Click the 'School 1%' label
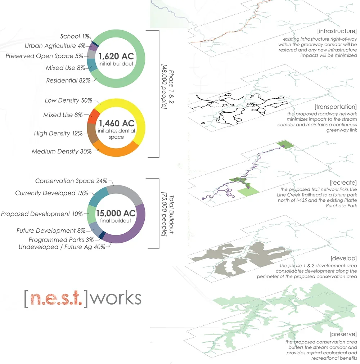pos(75,36)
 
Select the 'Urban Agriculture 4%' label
pos(55,46)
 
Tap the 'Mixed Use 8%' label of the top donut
pos(65,68)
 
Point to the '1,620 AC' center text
pos(117,56)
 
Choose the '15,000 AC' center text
pos(117,213)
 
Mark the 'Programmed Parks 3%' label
pos(61,239)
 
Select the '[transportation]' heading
pos(335,107)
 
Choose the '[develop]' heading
pos(343,259)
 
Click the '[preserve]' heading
pos(342,334)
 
